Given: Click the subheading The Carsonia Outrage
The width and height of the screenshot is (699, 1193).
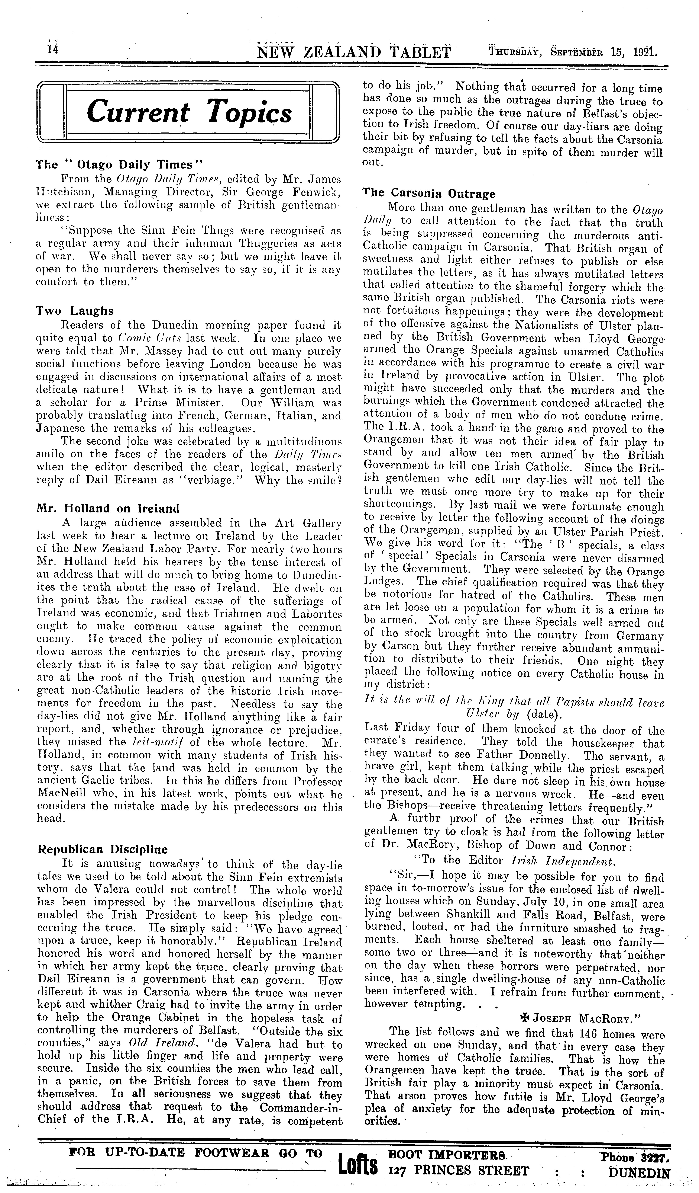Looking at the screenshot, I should pyautogui.click(x=429, y=194).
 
